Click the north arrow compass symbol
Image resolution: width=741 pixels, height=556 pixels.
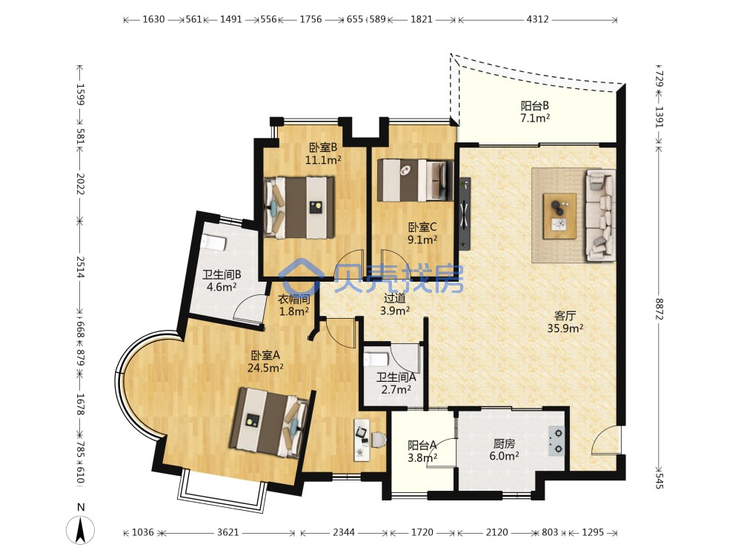click(80, 529)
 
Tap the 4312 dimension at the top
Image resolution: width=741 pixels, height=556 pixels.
click(537, 19)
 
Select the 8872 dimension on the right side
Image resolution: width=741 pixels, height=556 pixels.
click(659, 308)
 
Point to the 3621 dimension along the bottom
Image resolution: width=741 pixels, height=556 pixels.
click(227, 532)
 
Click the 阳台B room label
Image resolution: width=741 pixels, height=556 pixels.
click(534, 105)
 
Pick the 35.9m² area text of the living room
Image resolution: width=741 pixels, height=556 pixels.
click(565, 328)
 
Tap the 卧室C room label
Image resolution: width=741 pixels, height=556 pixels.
click(422, 228)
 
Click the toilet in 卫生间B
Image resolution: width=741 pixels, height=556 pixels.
click(213, 243)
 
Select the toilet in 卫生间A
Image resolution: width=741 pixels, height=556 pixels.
click(376, 358)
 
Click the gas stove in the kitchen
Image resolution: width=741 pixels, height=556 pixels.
click(556, 441)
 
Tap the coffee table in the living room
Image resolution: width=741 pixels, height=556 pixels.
click(559, 216)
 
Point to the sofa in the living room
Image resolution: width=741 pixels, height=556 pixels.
click(600, 215)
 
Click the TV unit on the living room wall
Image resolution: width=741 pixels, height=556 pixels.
click(465, 213)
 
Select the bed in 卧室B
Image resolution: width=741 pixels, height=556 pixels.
click(299, 207)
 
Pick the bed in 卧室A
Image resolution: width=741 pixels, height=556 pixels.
click(270, 423)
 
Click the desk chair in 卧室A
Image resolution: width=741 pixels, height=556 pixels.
click(378, 440)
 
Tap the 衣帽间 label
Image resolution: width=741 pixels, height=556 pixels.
click(294, 299)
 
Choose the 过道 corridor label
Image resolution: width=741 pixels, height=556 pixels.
click(395, 298)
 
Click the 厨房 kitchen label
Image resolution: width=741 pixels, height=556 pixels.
click(504, 443)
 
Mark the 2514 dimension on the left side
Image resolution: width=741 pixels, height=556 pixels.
click(80, 267)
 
